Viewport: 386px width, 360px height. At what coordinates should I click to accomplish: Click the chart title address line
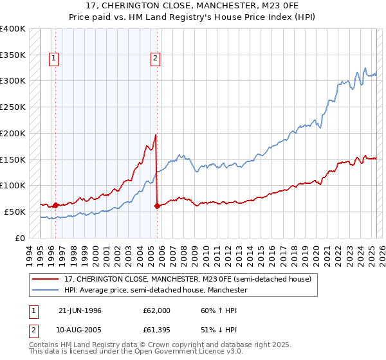pyautogui.click(x=193, y=7)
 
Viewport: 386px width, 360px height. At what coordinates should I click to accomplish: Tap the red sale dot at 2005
pyautogui.click(x=157, y=206)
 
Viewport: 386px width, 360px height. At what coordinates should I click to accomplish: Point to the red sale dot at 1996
pyautogui.click(x=55, y=206)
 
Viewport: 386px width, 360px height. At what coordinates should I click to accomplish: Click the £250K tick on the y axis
pyautogui.click(x=13, y=107)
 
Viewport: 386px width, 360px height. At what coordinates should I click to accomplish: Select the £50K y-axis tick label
pyautogui.click(x=15, y=212)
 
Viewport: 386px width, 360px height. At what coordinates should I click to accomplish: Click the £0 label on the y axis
pyautogui.click(x=20, y=238)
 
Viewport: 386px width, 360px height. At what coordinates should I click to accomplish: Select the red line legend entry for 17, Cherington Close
pyautogui.click(x=188, y=280)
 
